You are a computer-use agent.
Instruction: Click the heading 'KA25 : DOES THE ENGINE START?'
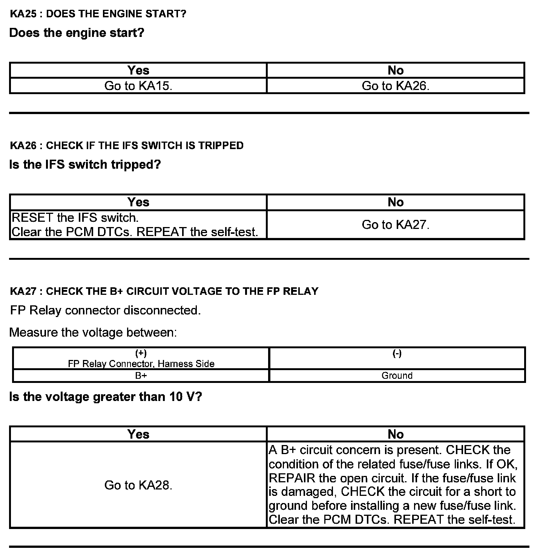click(x=98, y=14)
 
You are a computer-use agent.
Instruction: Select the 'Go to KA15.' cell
click(x=138, y=86)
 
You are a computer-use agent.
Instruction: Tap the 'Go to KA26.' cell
click(x=396, y=86)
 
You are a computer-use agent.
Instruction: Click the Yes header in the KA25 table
click(x=138, y=70)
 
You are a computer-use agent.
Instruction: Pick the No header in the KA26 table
click(x=396, y=202)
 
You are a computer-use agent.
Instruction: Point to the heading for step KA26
click(x=127, y=145)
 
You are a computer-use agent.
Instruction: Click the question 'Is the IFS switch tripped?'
click(x=85, y=165)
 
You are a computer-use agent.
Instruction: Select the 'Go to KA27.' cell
click(x=396, y=225)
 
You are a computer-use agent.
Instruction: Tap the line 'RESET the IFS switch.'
click(x=75, y=218)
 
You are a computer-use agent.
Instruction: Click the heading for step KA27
click(x=164, y=291)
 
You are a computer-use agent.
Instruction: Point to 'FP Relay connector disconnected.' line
click(x=105, y=310)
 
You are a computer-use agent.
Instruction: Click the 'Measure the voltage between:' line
click(x=93, y=332)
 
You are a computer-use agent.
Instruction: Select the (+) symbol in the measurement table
click(x=141, y=353)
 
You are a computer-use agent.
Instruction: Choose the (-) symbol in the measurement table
click(x=397, y=353)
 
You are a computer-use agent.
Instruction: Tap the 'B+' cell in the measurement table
click(x=141, y=375)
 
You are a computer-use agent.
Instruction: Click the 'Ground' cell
click(x=397, y=375)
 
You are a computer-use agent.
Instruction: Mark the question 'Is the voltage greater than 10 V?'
click(x=106, y=397)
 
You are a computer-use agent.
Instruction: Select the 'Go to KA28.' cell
click(x=138, y=485)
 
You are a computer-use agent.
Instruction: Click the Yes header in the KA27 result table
click(x=138, y=434)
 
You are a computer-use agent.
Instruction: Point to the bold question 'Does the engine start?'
click(x=77, y=33)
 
